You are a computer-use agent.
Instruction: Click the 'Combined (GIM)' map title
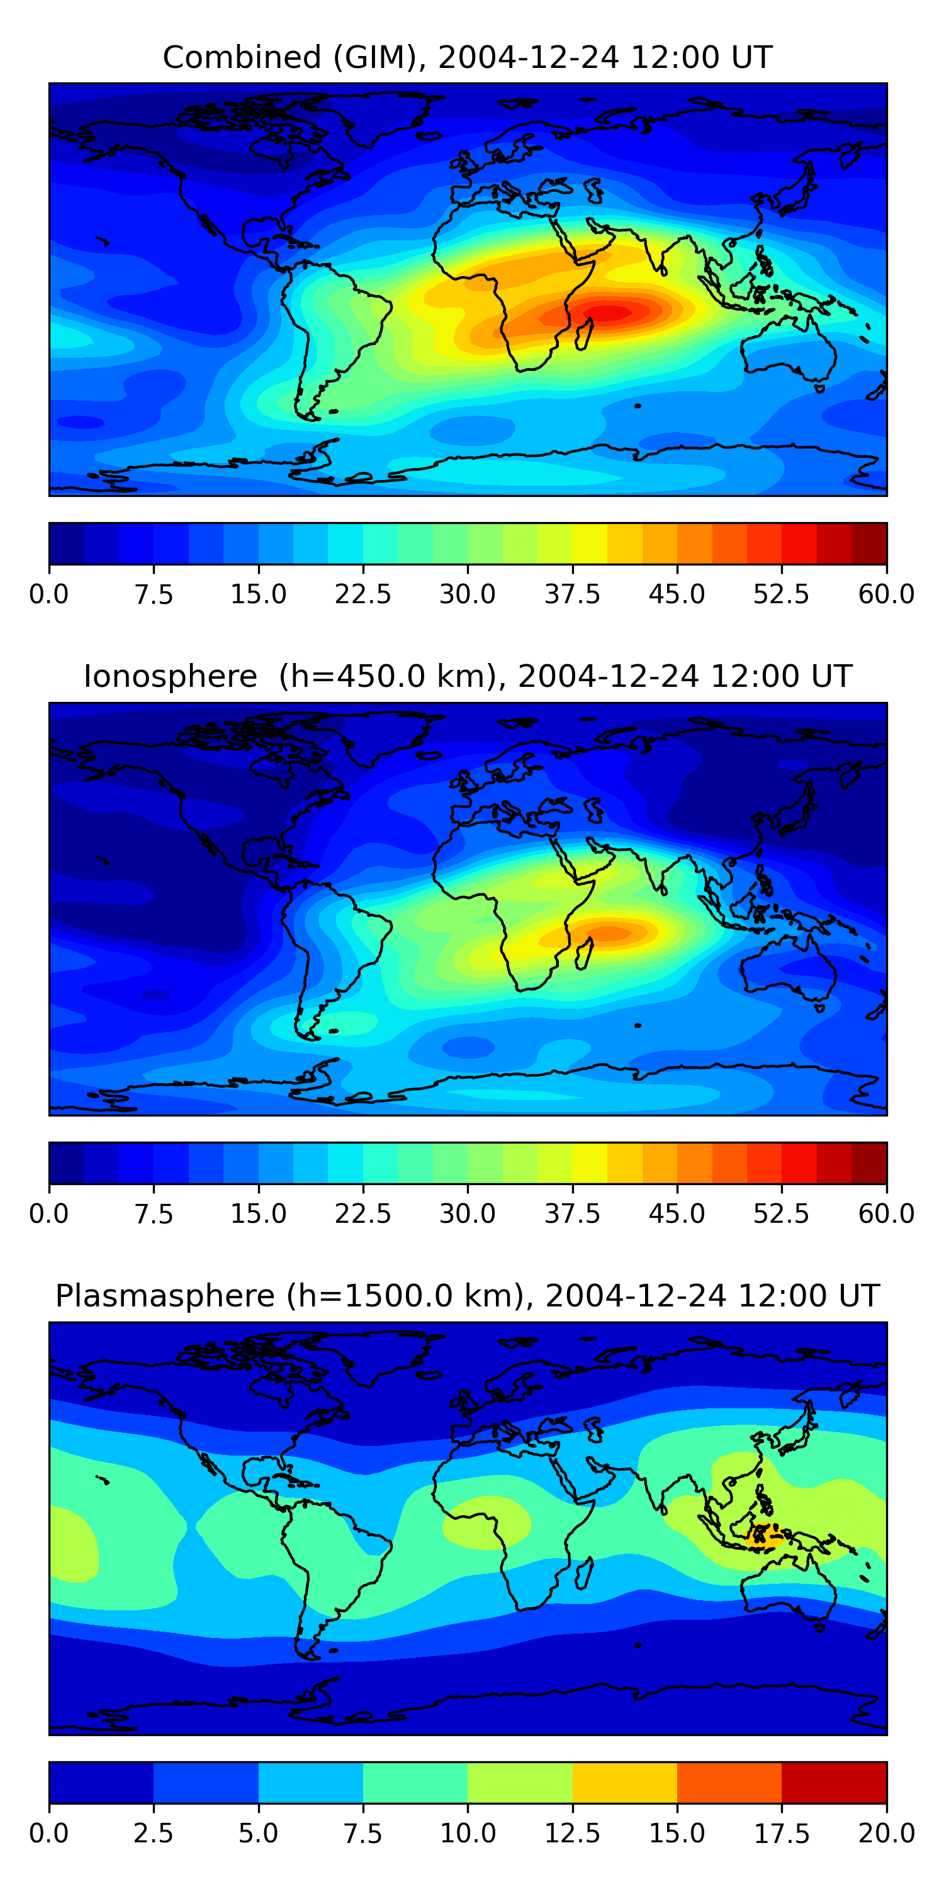tap(468, 57)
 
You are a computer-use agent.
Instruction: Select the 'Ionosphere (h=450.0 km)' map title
tap(468, 676)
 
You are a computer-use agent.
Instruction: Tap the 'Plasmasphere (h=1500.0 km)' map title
tap(468, 1296)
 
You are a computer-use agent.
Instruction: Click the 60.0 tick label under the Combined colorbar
tap(886, 594)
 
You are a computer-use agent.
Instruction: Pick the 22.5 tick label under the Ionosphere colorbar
tap(362, 1214)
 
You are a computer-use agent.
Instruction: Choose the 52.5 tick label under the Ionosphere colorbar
tap(781, 1214)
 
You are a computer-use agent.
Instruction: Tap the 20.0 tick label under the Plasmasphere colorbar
tap(886, 1834)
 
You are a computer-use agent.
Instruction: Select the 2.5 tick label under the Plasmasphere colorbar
tap(153, 1834)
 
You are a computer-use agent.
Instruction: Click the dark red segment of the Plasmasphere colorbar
tap(834, 1782)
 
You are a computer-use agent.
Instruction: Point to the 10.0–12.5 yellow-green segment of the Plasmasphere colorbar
tap(520, 1782)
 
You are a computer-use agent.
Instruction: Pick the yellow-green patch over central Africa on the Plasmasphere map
tap(485, 1522)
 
